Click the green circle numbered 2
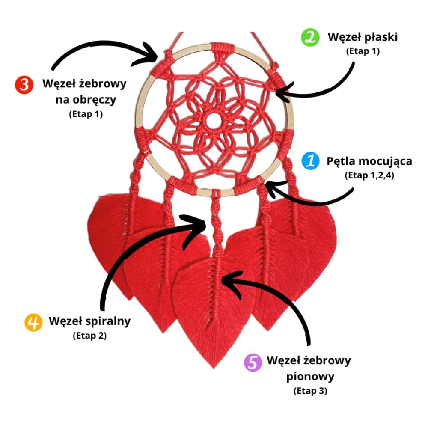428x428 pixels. (310, 37)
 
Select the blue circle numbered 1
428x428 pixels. (310, 161)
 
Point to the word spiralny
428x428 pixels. (107, 321)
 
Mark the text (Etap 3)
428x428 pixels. (310, 391)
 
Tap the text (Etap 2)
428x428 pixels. (90, 336)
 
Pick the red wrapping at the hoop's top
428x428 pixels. (221, 47)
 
